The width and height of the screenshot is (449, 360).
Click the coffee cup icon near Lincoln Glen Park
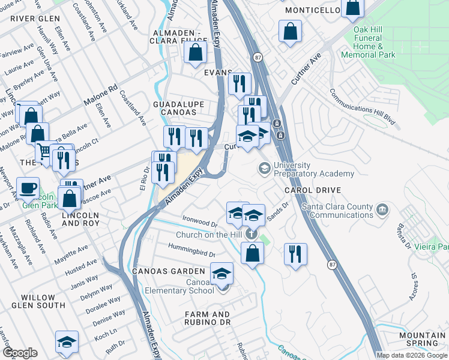(28, 188)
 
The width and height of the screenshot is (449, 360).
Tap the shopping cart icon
(46, 152)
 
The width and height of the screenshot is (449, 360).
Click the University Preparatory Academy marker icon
(263, 169)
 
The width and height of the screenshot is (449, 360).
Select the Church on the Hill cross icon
(252, 234)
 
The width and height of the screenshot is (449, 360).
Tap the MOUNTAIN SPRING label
(422, 339)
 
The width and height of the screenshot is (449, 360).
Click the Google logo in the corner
(19, 353)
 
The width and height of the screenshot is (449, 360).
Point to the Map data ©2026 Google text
(412, 355)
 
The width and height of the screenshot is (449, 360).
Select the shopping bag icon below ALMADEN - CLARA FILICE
(196, 52)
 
